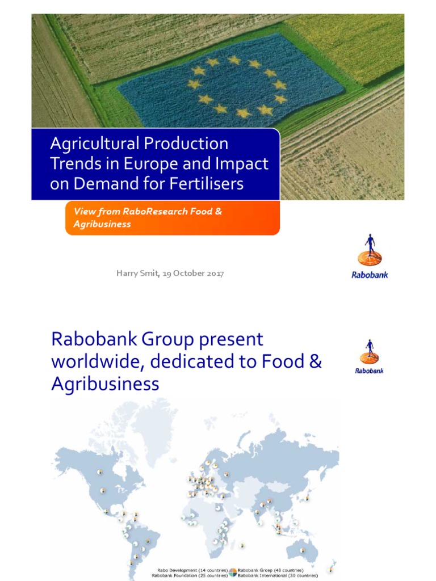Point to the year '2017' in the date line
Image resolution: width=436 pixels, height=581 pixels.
point(214,273)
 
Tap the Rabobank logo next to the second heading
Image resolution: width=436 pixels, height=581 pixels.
point(369,356)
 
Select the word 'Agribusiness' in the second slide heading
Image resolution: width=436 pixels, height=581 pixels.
point(105,384)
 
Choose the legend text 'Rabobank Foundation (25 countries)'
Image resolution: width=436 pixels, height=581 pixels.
point(190,575)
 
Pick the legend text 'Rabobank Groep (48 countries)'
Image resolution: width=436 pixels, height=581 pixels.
point(270,570)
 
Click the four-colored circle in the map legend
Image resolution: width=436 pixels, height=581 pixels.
point(233,572)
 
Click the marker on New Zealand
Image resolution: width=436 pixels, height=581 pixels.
point(331,568)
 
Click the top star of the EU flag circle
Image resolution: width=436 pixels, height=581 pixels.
point(234,60)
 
